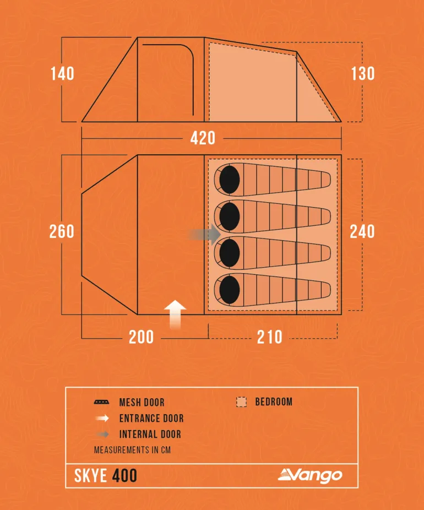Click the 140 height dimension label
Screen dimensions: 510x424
[x=62, y=74]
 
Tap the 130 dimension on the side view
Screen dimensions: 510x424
[x=363, y=74]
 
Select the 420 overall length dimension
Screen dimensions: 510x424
[x=203, y=138]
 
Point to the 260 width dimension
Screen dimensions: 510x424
[x=62, y=231]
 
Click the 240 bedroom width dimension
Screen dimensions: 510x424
[x=362, y=231]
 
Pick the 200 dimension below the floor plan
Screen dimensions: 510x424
[x=142, y=337]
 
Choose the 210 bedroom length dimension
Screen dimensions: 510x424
[x=270, y=337]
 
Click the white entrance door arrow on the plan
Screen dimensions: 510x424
[x=175, y=314]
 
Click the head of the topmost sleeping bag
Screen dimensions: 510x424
[x=229, y=178]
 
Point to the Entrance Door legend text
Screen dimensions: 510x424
[x=151, y=419]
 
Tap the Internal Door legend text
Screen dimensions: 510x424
[x=150, y=435]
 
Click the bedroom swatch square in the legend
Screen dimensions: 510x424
[x=241, y=402]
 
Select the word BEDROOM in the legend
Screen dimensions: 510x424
[x=274, y=402]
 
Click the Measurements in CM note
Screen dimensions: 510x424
[x=132, y=450]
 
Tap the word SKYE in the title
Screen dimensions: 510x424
[x=91, y=475]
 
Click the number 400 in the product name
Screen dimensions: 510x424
[x=124, y=475]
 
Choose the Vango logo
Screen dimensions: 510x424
[x=310, y=475]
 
